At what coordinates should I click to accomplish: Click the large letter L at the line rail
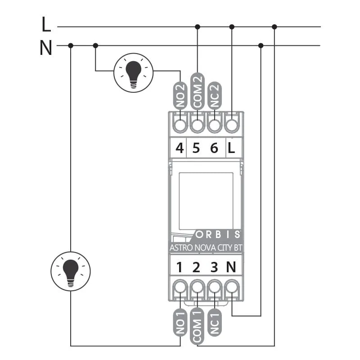pos(46,24)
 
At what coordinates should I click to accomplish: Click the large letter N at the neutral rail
pos(46,48)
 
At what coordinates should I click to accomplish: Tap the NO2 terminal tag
pos(180,95)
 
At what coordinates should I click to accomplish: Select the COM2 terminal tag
pos(198,91)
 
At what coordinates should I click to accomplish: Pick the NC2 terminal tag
pos(215,95)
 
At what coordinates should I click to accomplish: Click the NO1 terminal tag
pos(180,323)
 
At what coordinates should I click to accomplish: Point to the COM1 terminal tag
pos(197,327)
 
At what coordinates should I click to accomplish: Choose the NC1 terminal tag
pos(215,323)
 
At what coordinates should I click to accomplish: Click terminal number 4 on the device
pos(180,148)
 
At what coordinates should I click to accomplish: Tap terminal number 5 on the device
pos(196,148)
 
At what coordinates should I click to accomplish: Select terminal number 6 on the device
pos(214,148)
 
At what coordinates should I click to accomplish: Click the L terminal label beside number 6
pos(231,148)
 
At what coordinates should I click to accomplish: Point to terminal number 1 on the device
pos(179,267)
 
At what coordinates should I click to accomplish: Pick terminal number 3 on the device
pos(214,267)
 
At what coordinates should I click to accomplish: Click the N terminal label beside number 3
pos(231,267)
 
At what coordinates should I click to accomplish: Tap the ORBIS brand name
pos(218,234)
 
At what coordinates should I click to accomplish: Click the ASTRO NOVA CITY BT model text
pos(206,248)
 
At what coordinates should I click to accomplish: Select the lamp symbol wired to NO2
pos(133,73)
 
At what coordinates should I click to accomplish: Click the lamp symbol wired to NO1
pos(71,271)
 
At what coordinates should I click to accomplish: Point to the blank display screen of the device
pos(206,201)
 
